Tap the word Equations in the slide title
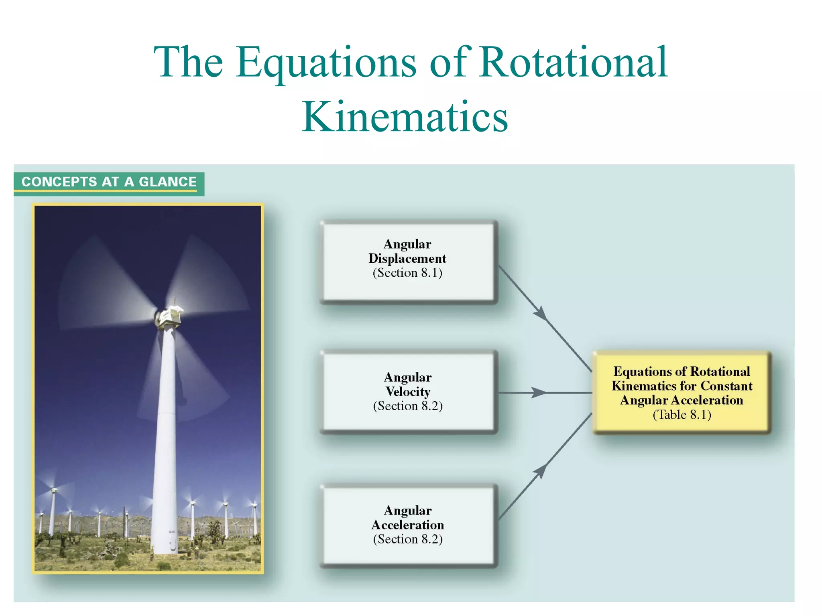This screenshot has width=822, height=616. [326, 63]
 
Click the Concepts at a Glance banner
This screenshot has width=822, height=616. [109, 182]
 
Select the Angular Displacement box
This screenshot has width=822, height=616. [408, 261]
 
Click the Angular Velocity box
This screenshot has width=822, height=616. [408, 392]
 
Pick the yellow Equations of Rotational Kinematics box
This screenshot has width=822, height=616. [681, 392]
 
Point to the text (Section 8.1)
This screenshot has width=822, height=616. [407, 273]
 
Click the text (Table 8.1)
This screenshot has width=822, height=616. [682, 415]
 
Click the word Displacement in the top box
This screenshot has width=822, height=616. [407, 259]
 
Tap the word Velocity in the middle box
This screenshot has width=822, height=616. [408, 391]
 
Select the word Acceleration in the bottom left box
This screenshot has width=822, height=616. [408, 525]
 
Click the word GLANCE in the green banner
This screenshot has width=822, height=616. [168, 182]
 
